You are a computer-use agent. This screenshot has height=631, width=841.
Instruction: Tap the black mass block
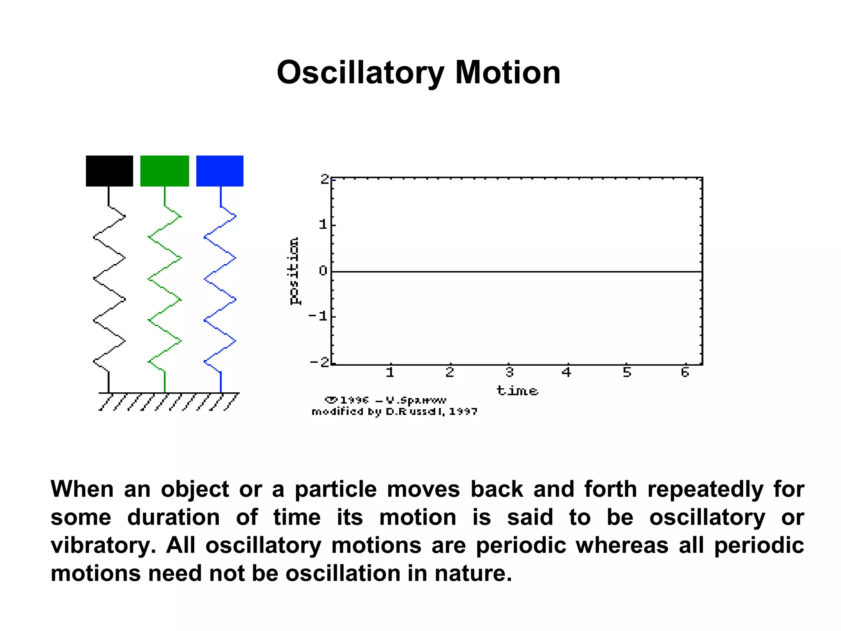[x=109, y=171]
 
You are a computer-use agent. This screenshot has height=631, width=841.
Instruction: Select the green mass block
[x=165, y=171]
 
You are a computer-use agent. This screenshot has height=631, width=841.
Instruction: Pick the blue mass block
[x=220, y=171]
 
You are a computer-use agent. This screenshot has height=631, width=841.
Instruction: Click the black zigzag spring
[x=109, y=279]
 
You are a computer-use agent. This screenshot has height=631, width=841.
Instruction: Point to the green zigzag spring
[x=165, y=279]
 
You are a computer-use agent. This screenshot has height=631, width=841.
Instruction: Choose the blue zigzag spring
[x=220, y=279]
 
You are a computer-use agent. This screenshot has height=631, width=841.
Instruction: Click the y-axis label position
[x=294, y=271]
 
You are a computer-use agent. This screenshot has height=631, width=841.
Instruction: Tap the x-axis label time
[x=517, y=390]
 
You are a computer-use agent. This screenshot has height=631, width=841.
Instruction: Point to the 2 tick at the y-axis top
[x=325, y=179]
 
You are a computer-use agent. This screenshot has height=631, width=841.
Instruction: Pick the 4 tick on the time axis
[x=567, y=372]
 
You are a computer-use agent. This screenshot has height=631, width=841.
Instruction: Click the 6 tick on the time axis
[x=685, y=372]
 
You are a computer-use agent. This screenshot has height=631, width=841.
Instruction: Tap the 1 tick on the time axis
[x=390, y=372]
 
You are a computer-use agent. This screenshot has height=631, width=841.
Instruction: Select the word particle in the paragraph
[x=335, y=490]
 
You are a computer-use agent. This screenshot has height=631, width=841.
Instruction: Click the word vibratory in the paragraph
[x=103, y=546]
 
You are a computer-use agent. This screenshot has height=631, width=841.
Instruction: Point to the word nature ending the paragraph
[x=473, y=573]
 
